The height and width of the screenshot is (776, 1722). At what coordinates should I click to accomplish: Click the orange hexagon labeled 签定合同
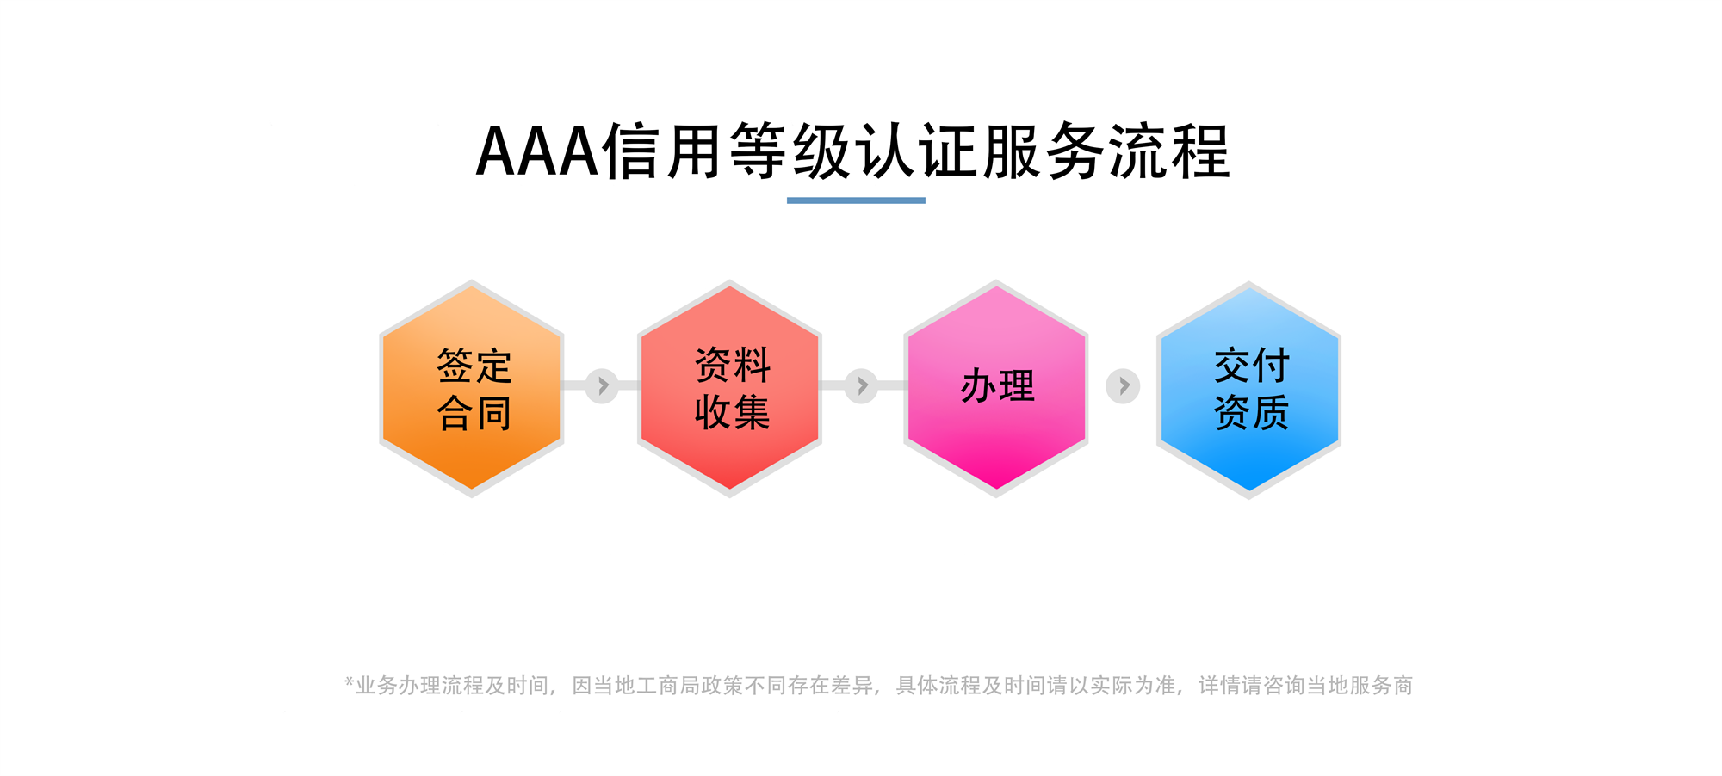[x=472, y=388]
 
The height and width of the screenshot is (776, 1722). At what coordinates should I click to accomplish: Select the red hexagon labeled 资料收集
[x=729, y=388]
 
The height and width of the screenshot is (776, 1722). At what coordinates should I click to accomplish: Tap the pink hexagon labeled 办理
[x=996, y=388]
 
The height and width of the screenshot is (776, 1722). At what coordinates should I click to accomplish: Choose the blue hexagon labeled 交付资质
[x=1248, y=390]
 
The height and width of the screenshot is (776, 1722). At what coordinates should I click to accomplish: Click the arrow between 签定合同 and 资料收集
[x=603, y=385]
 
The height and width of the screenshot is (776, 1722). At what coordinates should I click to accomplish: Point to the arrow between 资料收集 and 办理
[x=861, y=385]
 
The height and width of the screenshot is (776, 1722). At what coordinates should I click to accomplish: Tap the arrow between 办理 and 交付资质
[x=1123, y=386]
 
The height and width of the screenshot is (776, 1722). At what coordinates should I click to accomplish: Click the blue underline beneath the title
[x=856, y=200]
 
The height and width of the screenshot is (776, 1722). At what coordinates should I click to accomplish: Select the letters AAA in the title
[x=537, y=151]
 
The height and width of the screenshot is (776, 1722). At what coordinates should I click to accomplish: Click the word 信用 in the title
[x=662, y=151]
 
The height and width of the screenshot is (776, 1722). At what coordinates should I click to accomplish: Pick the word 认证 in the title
[x=916, y=151]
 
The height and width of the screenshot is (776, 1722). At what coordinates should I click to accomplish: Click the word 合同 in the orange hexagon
[x=474, y=413]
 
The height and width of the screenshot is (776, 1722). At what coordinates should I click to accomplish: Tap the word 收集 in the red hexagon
[x=732, y=412]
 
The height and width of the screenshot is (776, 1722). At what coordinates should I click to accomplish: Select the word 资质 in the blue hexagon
[x=1252, y=412]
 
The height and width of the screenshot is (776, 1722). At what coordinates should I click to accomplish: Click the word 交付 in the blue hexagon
[x=1252, y=366]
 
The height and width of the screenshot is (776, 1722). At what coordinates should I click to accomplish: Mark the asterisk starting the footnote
[x=349, y=682]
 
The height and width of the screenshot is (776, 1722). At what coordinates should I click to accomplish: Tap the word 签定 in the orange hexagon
[x=474, y=366]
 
